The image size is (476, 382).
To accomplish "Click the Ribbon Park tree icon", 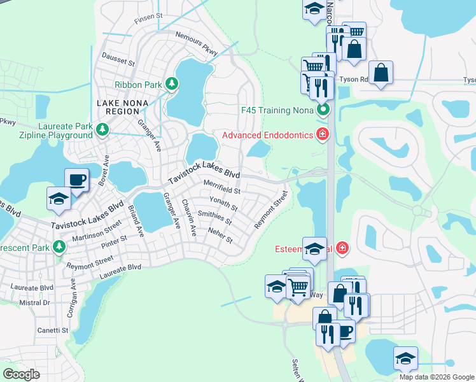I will click(171, 83).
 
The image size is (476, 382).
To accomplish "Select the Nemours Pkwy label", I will click(196, 43).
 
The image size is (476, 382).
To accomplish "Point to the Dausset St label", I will click(118, 60).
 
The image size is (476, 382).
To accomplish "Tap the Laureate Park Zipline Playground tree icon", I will click(102, 131).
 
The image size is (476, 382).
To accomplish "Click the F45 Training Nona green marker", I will click(324, 110).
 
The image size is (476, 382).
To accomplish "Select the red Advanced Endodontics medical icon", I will click(323, 134).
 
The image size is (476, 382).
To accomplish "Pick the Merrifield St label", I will click(221, 187).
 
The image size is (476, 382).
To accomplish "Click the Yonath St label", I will click(223, 202).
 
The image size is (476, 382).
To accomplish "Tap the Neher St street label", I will click(220, 236).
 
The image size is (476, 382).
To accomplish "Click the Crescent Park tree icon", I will click(60, 246).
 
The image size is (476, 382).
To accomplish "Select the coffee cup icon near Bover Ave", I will click(77, 180).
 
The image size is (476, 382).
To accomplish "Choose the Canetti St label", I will click(53, 330).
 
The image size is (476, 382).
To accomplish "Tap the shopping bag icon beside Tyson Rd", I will click(381, 72).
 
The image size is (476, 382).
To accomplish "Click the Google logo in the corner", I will click(22, 374).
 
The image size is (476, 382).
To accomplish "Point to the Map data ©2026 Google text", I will click(437, 377).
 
